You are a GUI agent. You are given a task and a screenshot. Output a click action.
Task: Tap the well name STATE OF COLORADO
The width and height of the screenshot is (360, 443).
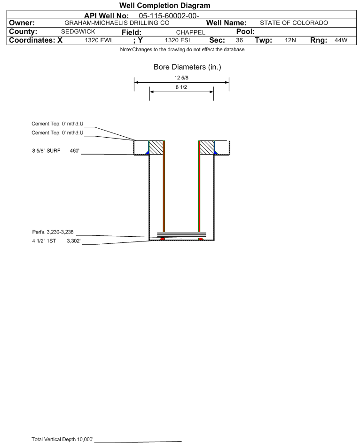point(290,23)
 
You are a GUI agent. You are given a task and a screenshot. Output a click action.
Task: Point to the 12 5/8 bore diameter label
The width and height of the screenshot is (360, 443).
point(182,78)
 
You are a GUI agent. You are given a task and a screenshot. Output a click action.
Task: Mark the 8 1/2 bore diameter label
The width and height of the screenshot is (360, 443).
point(182,87)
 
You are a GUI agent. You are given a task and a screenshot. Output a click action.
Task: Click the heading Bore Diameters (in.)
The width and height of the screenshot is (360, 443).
point(187,67)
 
